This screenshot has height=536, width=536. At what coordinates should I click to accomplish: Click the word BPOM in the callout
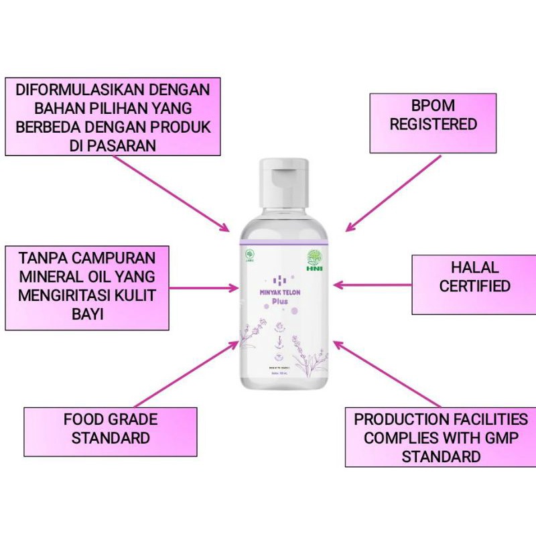[433, 106]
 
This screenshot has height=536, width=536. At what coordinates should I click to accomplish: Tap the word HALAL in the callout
[474, 267]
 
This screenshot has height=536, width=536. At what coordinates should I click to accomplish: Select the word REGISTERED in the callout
[433, 125]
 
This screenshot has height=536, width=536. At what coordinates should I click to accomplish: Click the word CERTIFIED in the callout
[474, 286]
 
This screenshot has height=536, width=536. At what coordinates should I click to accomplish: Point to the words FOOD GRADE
[111, 420]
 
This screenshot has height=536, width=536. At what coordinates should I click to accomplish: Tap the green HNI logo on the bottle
[314, 259]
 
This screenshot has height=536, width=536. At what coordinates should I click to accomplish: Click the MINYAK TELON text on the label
[284, 292]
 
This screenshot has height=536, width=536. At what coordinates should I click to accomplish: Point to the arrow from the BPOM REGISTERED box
[393, 194]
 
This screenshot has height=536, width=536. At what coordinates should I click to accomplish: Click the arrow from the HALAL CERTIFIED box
[371, 285]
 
